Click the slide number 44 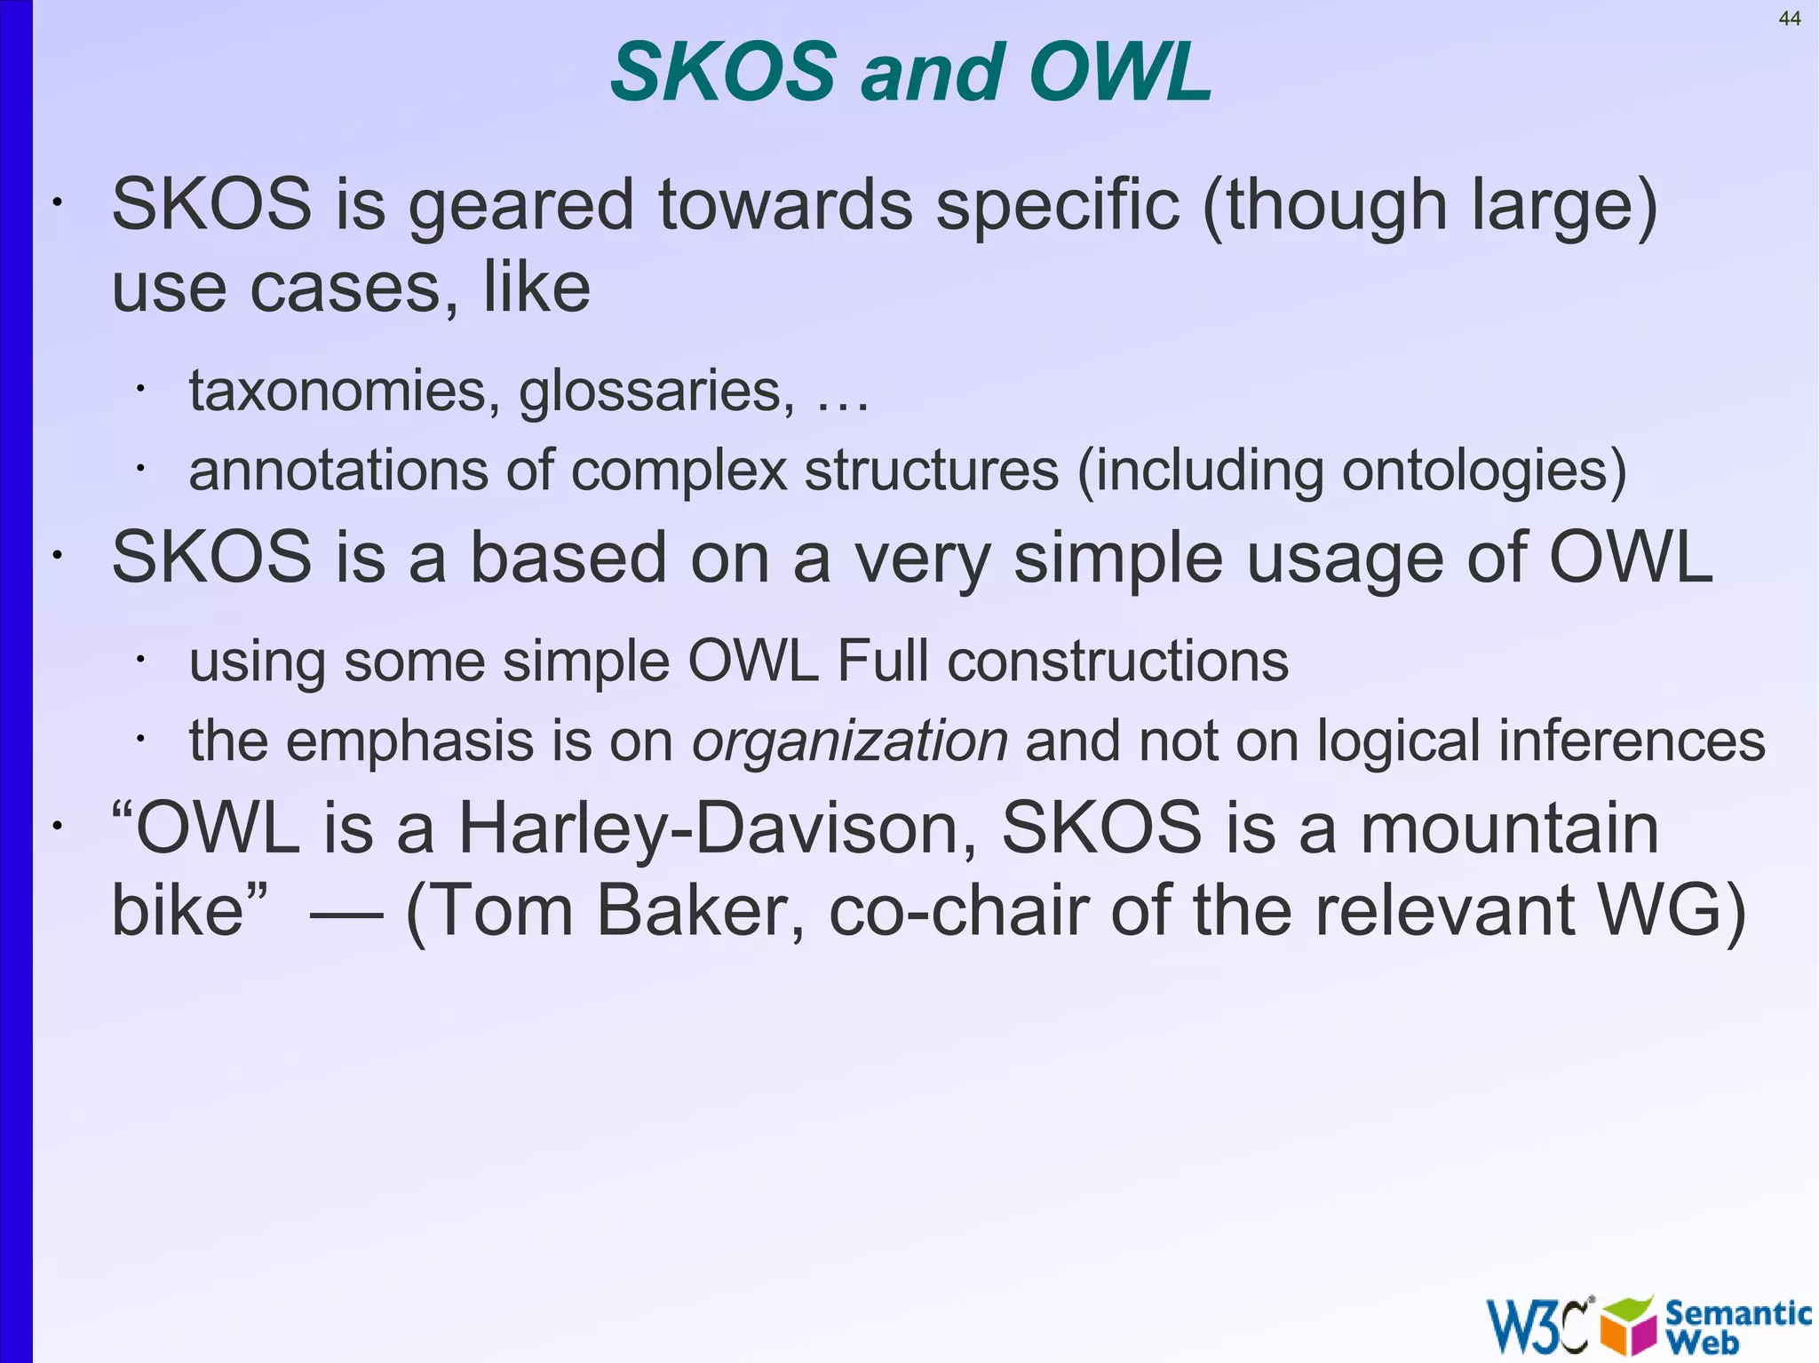(1789, 19)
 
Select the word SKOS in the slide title (722, 73)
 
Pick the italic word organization (849, 741)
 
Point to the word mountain (1509, 828)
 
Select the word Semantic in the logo (1736, 1313)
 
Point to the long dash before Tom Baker (346, 913)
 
